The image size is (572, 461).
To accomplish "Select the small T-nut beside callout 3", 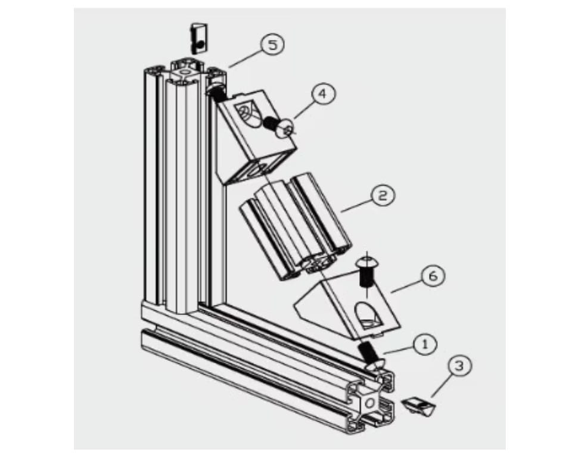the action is coord(419,405).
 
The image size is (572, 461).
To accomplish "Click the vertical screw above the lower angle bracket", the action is coord(366,271).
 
